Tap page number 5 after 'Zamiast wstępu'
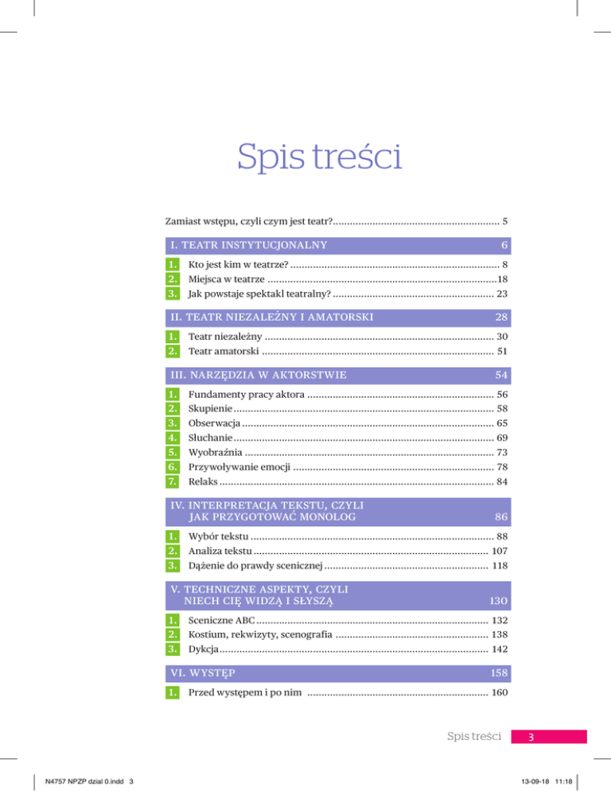coord(504,219)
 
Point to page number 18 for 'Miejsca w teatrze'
coord(501,279)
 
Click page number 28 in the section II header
coord(500,318)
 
